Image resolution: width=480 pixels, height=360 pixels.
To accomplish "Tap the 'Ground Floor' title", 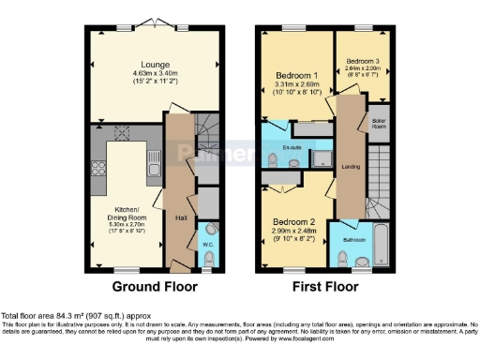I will tap(154, 286).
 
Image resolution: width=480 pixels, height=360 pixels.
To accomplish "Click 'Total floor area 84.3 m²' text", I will tap(56, 315).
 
